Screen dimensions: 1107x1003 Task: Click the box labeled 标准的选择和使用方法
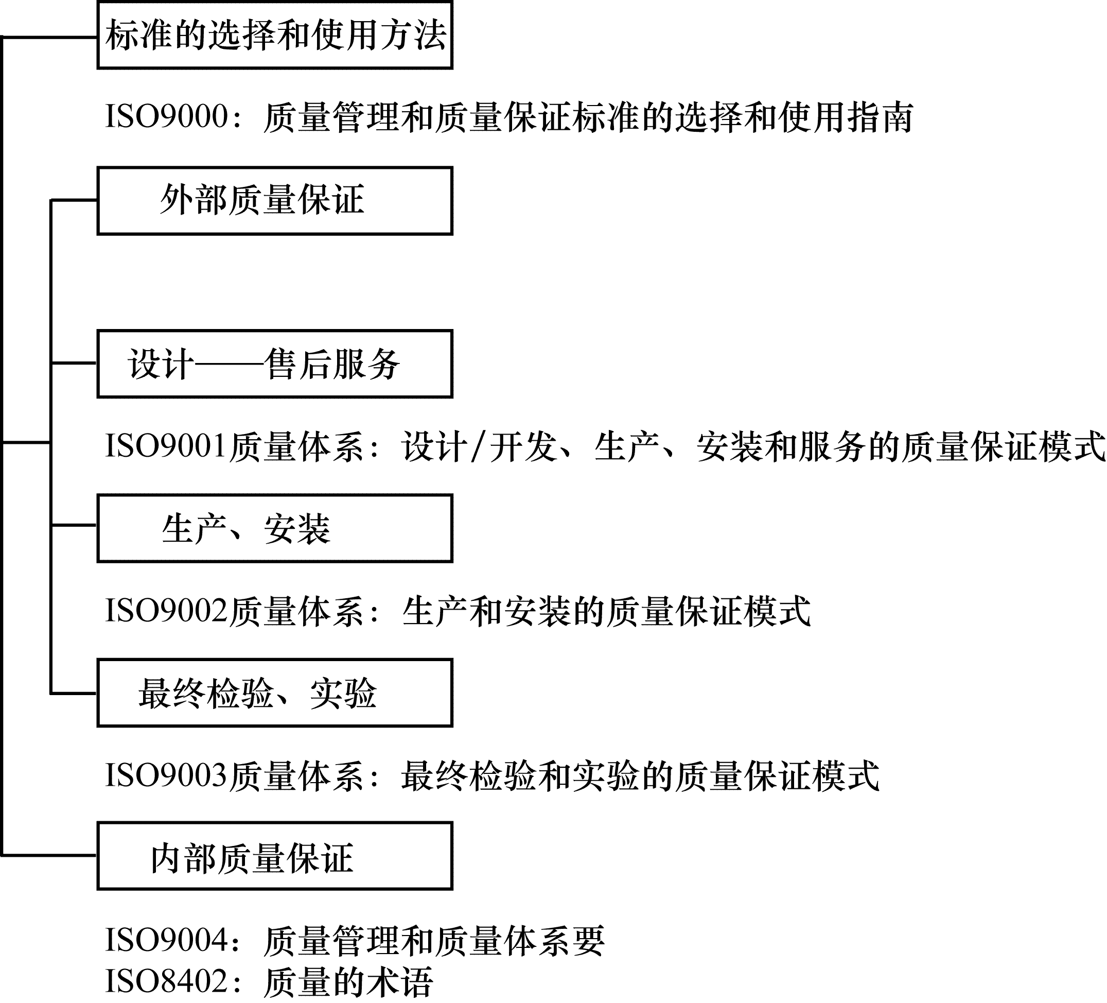pos(274,35)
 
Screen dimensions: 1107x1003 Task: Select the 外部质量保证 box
pos(274,201)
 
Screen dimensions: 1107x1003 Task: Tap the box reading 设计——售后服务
pos(274,364)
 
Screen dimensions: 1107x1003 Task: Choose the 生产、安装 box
pos(274,528)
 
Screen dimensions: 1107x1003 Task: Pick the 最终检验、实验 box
pos(274,693)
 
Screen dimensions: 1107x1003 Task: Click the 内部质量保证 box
pos(274,856)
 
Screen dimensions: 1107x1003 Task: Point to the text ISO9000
pos(166,116)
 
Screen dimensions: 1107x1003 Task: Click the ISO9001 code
pos(166,445)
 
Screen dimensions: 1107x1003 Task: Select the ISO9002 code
pos(166,610)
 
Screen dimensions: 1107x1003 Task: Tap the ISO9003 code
pos(166,775)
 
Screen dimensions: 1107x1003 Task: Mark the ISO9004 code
pos(166,940)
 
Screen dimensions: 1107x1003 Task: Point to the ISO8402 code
pos(166,981)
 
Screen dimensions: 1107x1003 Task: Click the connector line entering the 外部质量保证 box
pos(74,200)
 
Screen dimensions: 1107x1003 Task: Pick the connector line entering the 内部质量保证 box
pos(49,855)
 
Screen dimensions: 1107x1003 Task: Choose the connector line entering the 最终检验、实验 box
pos(74,693)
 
